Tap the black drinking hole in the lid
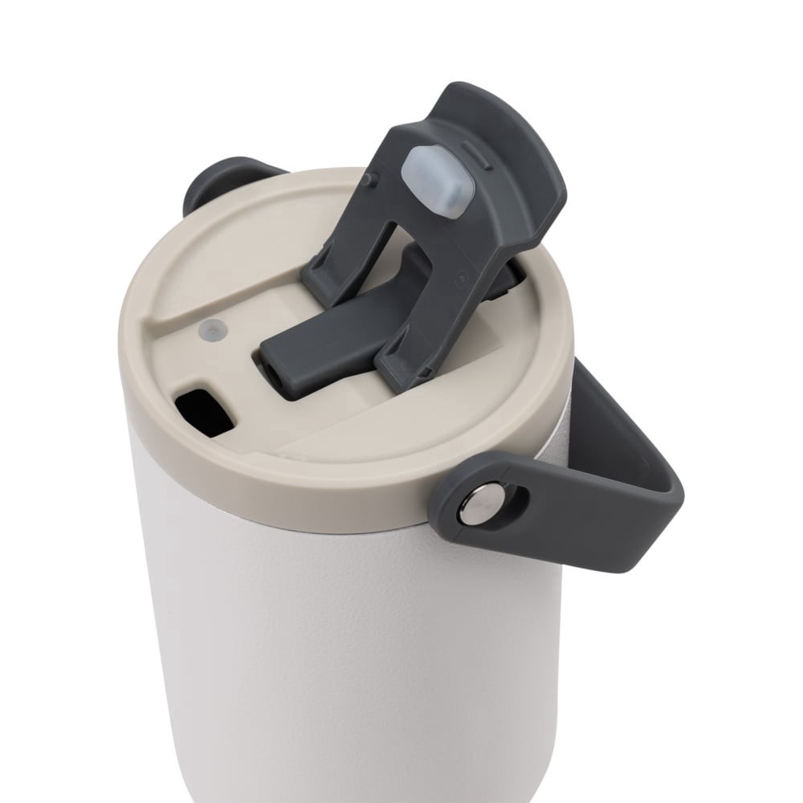pyautogui.click(x=205, y=413)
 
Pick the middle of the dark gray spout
pyautogui.click(x=337, y=337)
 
